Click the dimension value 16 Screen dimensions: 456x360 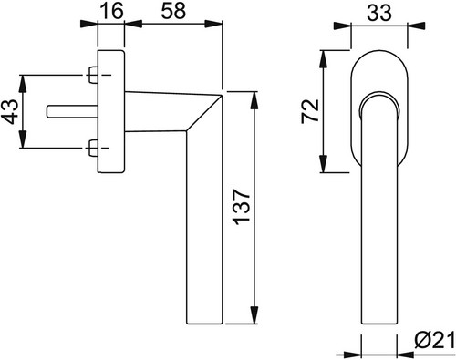(x=111, y=11)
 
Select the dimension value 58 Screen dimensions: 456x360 (x=173, y=11)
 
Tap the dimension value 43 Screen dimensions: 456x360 (x=11, y=111)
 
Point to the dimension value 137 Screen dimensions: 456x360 (x=243, y=208)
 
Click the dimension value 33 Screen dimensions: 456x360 (x=379, y=13)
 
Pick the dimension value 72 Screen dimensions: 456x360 (x=310, y=111)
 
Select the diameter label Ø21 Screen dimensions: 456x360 (x=435, y=343)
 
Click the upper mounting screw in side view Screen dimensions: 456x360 (x=93, y=75)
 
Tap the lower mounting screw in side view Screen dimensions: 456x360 (x=93, y=148)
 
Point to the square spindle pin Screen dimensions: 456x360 (x=72, y=111)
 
